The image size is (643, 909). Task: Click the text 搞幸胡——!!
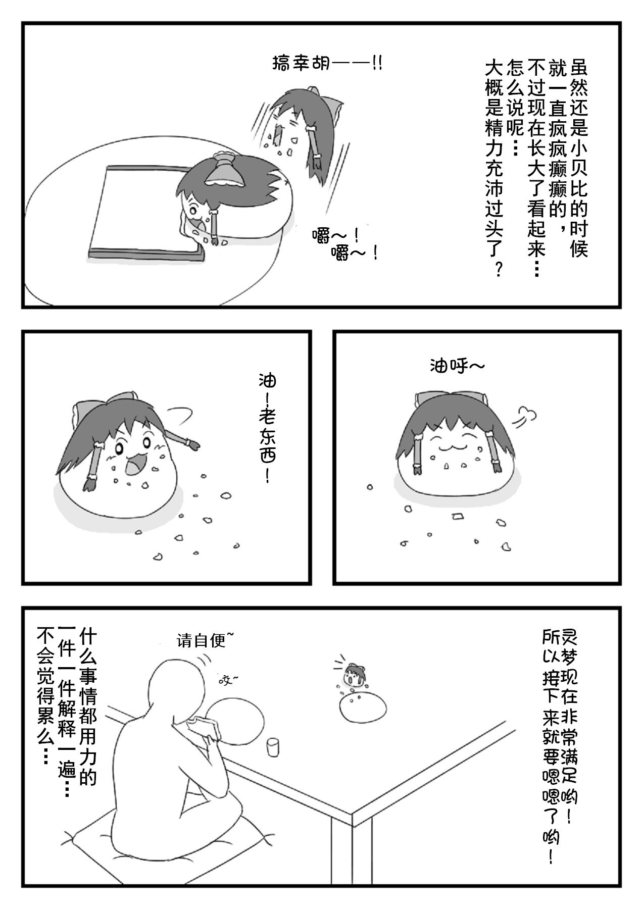(326, 64)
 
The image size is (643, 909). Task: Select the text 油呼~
(457, 365)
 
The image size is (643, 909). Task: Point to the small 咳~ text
(228, 680)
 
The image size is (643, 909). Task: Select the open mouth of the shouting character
(135, 464)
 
